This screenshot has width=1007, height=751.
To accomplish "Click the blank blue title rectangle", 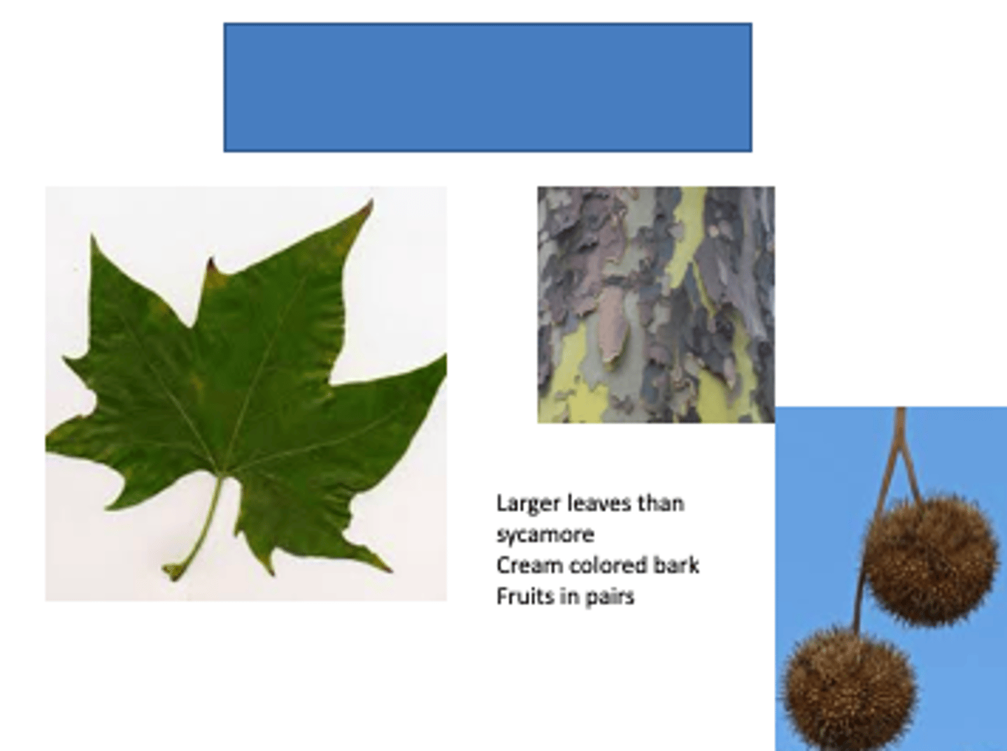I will point(487,87).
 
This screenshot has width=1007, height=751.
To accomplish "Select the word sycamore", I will point(545,535).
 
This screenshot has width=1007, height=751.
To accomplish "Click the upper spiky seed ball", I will point(930,560).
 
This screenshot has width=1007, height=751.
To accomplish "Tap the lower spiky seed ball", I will point(848,688).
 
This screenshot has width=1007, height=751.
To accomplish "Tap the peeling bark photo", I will point(655,305).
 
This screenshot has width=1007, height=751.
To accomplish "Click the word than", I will point(662,504).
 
